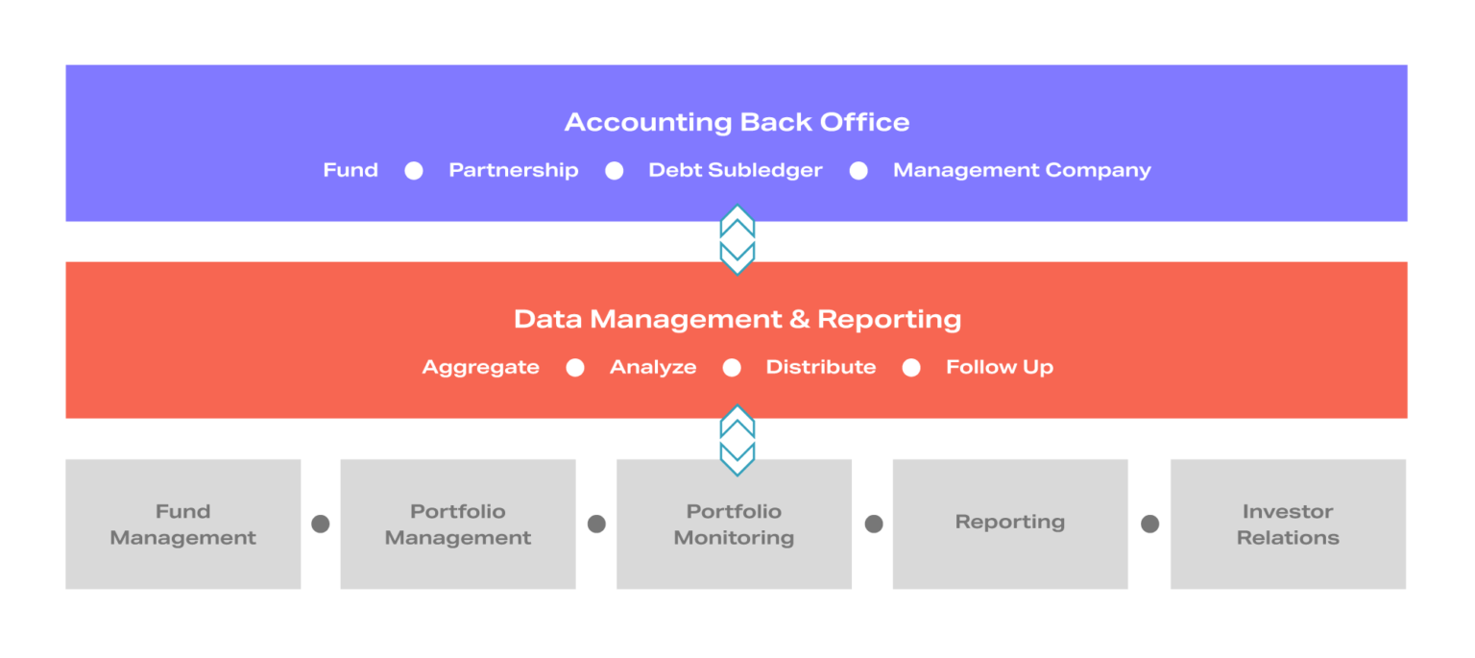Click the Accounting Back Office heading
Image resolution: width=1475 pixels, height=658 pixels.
737,123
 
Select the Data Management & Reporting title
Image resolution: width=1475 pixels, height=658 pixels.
737,320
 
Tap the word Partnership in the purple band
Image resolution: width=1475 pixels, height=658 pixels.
514,171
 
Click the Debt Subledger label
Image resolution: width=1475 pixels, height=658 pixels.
736,170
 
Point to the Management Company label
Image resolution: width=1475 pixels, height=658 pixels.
1022,171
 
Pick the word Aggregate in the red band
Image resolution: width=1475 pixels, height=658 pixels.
481,368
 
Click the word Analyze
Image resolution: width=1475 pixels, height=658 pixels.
653,368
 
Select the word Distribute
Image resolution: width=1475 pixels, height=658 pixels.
820,367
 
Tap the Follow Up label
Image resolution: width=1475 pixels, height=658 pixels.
1000,368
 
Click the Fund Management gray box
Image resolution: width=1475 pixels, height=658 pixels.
183,524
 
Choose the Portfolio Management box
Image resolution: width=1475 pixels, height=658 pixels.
458,524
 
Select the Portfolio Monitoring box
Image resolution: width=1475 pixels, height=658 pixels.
735,524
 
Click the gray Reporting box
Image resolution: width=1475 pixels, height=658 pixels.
1010,524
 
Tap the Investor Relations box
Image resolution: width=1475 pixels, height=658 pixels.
1288,524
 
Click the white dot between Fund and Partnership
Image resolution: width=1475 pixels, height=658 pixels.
414,171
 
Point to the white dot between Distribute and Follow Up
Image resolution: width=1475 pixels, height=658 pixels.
911,368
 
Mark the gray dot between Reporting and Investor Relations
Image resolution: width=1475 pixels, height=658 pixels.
1150,524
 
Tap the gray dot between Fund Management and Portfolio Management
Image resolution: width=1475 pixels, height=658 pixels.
321,524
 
